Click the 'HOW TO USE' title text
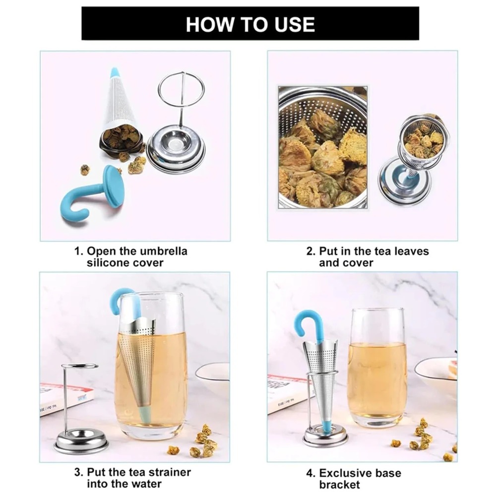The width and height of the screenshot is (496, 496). [250, 24]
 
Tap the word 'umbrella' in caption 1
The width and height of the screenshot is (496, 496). [164, 251]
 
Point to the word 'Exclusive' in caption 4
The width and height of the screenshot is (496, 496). [346, 473]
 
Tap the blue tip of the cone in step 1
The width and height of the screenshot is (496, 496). [115, 73]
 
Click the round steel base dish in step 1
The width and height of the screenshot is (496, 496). [176, 149]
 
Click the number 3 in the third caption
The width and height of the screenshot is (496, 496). [78, 472]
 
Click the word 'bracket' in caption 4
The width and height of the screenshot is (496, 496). [339, 485]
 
